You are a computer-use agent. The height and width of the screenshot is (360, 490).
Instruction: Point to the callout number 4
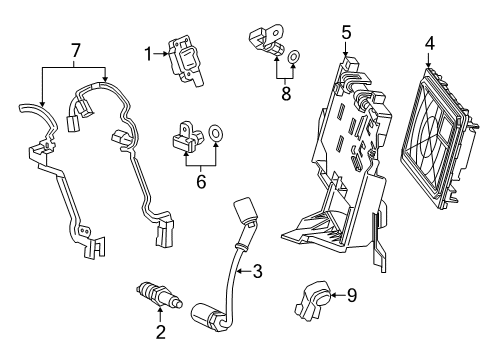[x=430, y=43]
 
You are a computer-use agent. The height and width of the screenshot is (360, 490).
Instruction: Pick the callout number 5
[x=345, y=31]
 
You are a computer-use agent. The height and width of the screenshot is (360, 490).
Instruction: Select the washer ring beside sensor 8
[x=293, y=58]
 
